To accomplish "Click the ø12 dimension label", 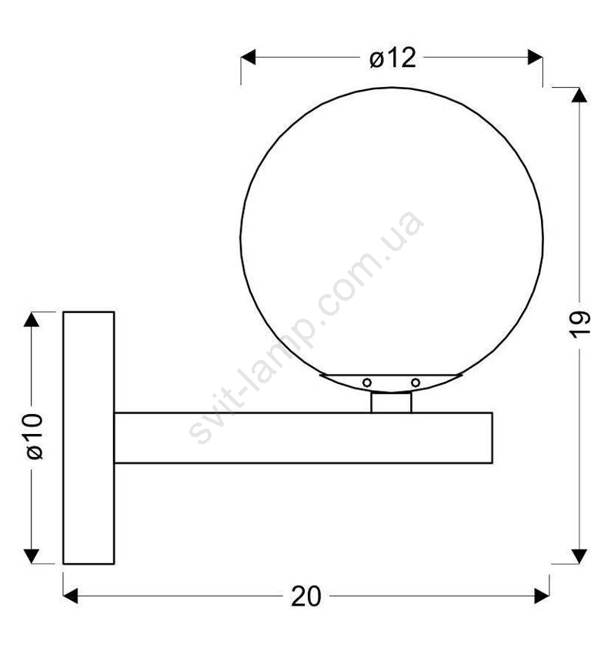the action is click(x=392, y=58).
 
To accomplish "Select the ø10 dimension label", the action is click(x=35, y=436).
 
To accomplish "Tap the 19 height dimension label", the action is click(x=579, y=324).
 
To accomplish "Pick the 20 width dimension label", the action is click(x=305, y=596).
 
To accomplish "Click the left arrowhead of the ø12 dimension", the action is click(x=248, y=57).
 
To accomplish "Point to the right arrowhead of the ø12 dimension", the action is click(x=535, y=57).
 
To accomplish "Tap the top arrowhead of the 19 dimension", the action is click(x=579, y=95).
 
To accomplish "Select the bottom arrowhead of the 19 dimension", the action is click(x=579, y=556).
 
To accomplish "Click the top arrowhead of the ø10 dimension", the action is click(x=32, y=319).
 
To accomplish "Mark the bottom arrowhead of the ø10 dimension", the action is click(x=32, y=556).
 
